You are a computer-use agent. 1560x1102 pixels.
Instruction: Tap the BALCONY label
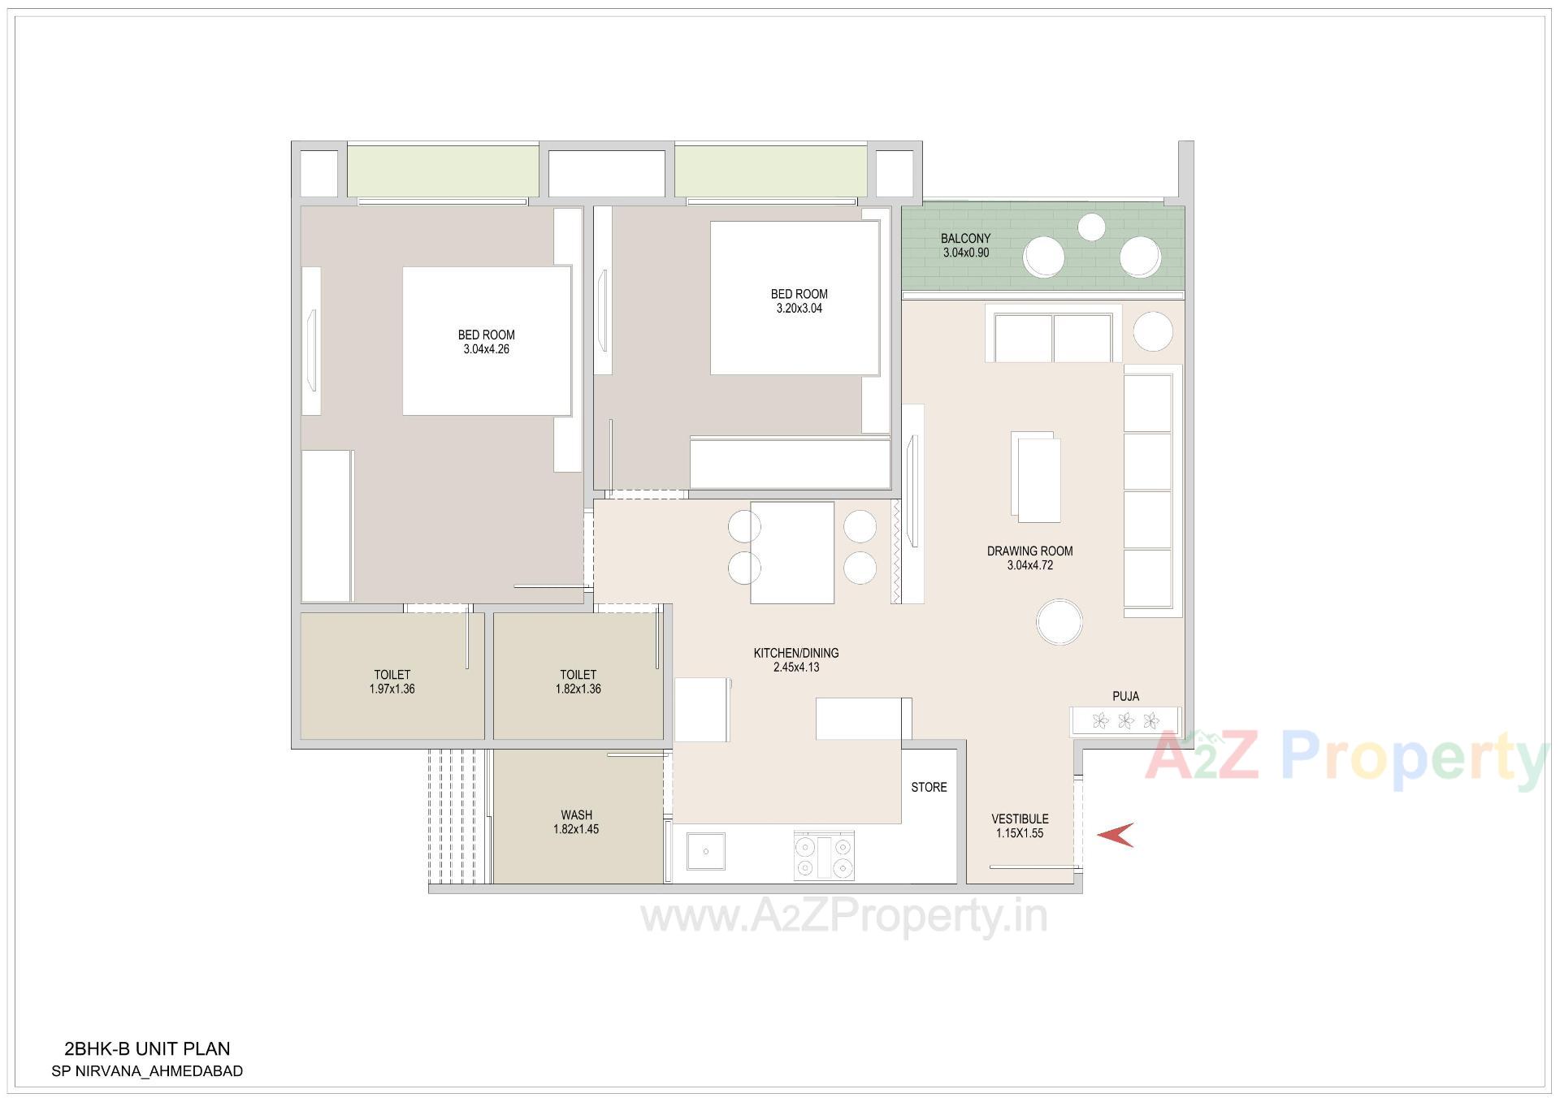[965, 239]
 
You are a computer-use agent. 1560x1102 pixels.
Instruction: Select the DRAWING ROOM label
[1029, 551]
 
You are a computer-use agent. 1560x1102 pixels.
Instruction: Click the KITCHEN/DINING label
[795, 653]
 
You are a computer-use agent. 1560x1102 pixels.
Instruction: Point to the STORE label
[929, 787]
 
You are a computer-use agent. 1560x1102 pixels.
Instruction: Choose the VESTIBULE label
[1020, 819]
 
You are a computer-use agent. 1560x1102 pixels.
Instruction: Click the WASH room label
[576, 815]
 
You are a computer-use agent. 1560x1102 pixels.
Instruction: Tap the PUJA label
[1125, 696]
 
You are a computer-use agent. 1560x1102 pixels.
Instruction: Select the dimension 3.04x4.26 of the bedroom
[486, 350]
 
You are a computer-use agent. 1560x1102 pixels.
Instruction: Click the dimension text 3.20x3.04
[799, 309]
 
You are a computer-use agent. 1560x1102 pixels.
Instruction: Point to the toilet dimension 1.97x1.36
[392, 689]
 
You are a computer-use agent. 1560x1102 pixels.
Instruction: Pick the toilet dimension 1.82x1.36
[578, 689]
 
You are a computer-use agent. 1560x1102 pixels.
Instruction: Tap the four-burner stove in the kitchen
[824, 857]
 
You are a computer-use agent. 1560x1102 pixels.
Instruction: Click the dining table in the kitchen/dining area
[792, 552]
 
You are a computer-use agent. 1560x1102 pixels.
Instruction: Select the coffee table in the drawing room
[1035, 478]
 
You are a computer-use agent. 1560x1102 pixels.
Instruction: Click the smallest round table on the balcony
[1092, 226]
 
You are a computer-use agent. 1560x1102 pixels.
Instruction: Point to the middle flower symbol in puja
[1125, 720]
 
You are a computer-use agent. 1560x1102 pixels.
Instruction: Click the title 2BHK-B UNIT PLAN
[147, 1049]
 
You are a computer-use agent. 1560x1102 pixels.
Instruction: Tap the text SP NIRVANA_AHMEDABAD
[147, 1071]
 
